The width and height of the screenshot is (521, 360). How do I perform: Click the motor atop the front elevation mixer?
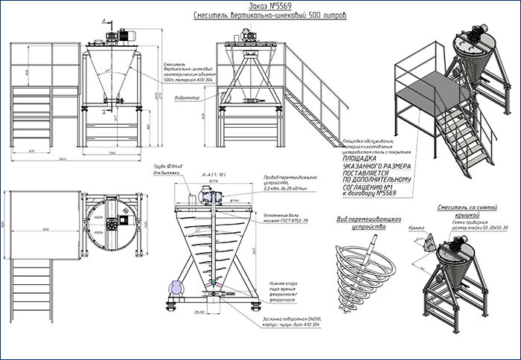click(x=117, y=33)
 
